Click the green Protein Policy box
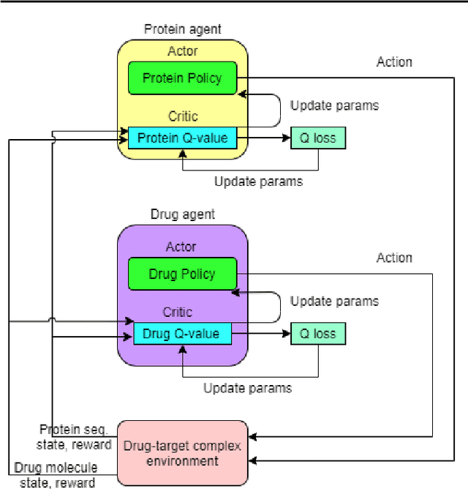(x=182, y=78)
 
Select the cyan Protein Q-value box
(x=182, y=137)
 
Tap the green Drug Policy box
(x=182, y=274)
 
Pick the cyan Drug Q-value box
(x=182, y=334)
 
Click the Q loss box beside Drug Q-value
(x=318, y=334)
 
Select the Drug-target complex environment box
(x=182, y=452)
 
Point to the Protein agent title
(x=182, y=30)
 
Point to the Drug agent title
(x=182, y=214)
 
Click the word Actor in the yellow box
(x=182, y=52)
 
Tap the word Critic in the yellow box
(x=182, y=116)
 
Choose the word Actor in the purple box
(x=181, y=247)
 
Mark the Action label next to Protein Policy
(x=394, y=62)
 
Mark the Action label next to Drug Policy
(x=394, y=258)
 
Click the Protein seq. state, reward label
(x=75, y=437)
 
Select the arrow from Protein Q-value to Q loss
(x=263, y=137)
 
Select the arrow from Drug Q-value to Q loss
(x=260, y=334)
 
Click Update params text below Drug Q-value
(x=247, y=388)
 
